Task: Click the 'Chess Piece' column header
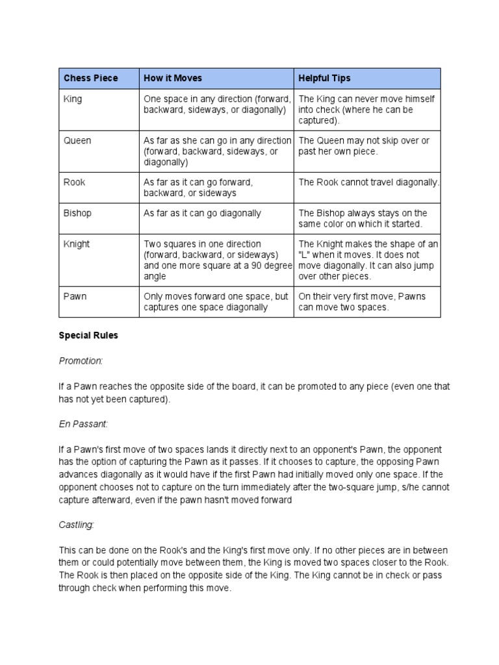[90, 78]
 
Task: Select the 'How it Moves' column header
[172, 78]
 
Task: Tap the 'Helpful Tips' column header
[324, 78]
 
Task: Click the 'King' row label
[73, 99]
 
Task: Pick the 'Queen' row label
[77, 140]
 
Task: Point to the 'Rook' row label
[75, 182]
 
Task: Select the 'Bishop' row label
[77, 213]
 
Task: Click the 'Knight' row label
[77, 244]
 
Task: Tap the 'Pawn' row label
[75, 296]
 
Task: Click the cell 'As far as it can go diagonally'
[202, 213]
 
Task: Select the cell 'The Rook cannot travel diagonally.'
[368, 182]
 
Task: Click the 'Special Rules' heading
[88, 337]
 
